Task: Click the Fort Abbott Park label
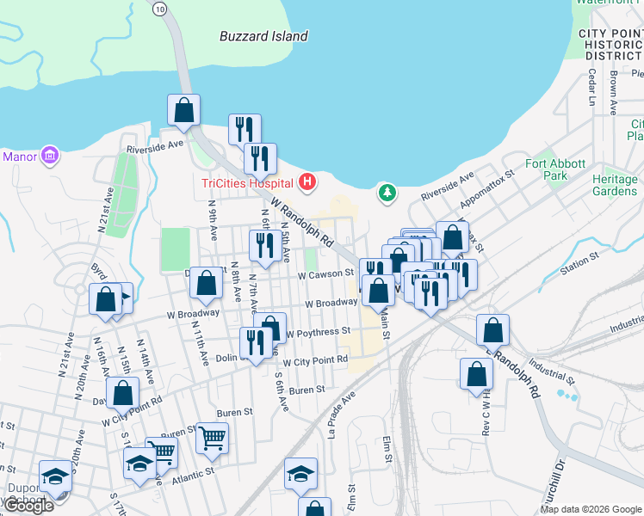tap(555, 169)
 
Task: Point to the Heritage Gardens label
tap(615, 185)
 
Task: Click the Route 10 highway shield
tap(160, 8)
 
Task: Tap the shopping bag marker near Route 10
tap(183, 110)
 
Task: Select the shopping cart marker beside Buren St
tap(212, 439)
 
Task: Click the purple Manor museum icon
tap(50, 157)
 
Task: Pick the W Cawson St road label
tap(326, 274)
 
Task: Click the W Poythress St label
tap(318, 331)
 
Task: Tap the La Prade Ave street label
tap(342, 415)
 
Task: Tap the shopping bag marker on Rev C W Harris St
tap(476, 374)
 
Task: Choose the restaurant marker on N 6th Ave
tap(263, 246)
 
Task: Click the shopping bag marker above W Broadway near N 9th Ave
tap(206, 282)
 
